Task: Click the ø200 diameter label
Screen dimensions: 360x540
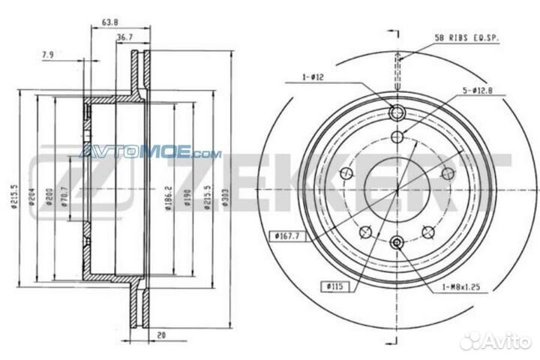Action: point(48,196)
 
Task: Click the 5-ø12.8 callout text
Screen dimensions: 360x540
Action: point(477,90)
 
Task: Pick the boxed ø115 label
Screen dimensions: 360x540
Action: point(334,286)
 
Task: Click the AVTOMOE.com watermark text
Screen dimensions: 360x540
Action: point(150,153)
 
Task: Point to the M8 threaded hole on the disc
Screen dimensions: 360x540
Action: point(397,241)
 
